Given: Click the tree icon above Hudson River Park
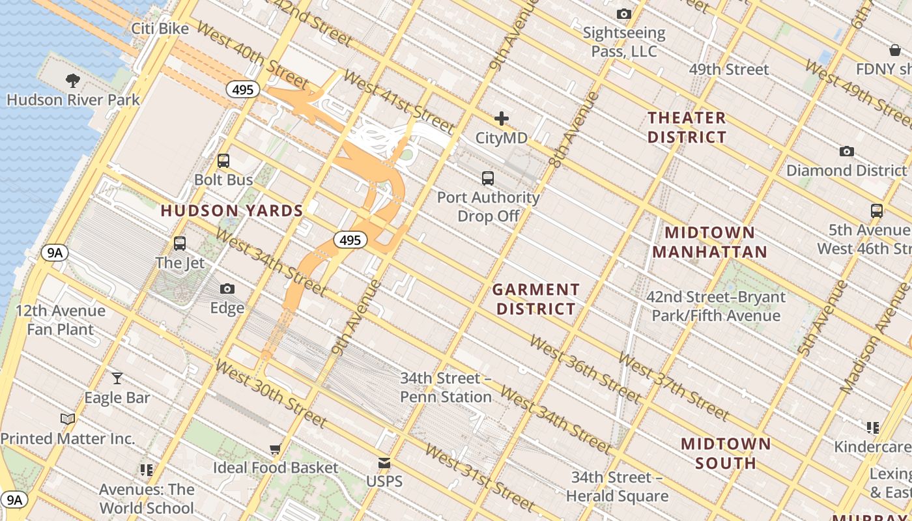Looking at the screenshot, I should coord(73,80).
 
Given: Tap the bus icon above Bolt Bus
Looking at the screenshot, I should coord(223,160).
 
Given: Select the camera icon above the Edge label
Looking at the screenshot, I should coord(227,289).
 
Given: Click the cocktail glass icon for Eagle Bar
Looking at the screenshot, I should coord(117,378).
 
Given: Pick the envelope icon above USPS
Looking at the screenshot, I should coord(384,463).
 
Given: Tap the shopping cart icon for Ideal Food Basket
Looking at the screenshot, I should coord(276,449).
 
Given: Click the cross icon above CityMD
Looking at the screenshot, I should coord(501,119).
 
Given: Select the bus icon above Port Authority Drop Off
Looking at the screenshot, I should coord(487,178).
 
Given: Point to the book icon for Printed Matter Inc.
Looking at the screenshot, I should coord(68,419).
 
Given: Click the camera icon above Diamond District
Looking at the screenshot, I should coord(846,151).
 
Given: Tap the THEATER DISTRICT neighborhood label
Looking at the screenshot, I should coord(687,128).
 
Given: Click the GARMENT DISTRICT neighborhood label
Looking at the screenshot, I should coord(535,299).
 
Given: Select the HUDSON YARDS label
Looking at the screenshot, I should coord(232,211).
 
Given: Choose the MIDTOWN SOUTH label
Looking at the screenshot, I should coord(726,454).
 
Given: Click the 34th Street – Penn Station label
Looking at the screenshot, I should coord(446,387).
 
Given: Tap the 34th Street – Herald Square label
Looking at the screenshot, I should coord(616,486).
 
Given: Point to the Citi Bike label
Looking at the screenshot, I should coord(160,29).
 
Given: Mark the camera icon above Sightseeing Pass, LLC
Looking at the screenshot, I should coord(623,14).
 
